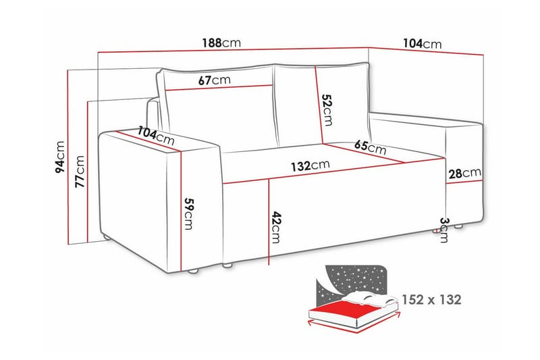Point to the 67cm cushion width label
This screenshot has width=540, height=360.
pos(215,80)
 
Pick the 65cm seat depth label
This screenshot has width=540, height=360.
pos(370,146)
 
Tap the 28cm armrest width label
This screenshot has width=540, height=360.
pos(464,174)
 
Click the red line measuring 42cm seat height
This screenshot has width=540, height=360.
pos(269,223)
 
